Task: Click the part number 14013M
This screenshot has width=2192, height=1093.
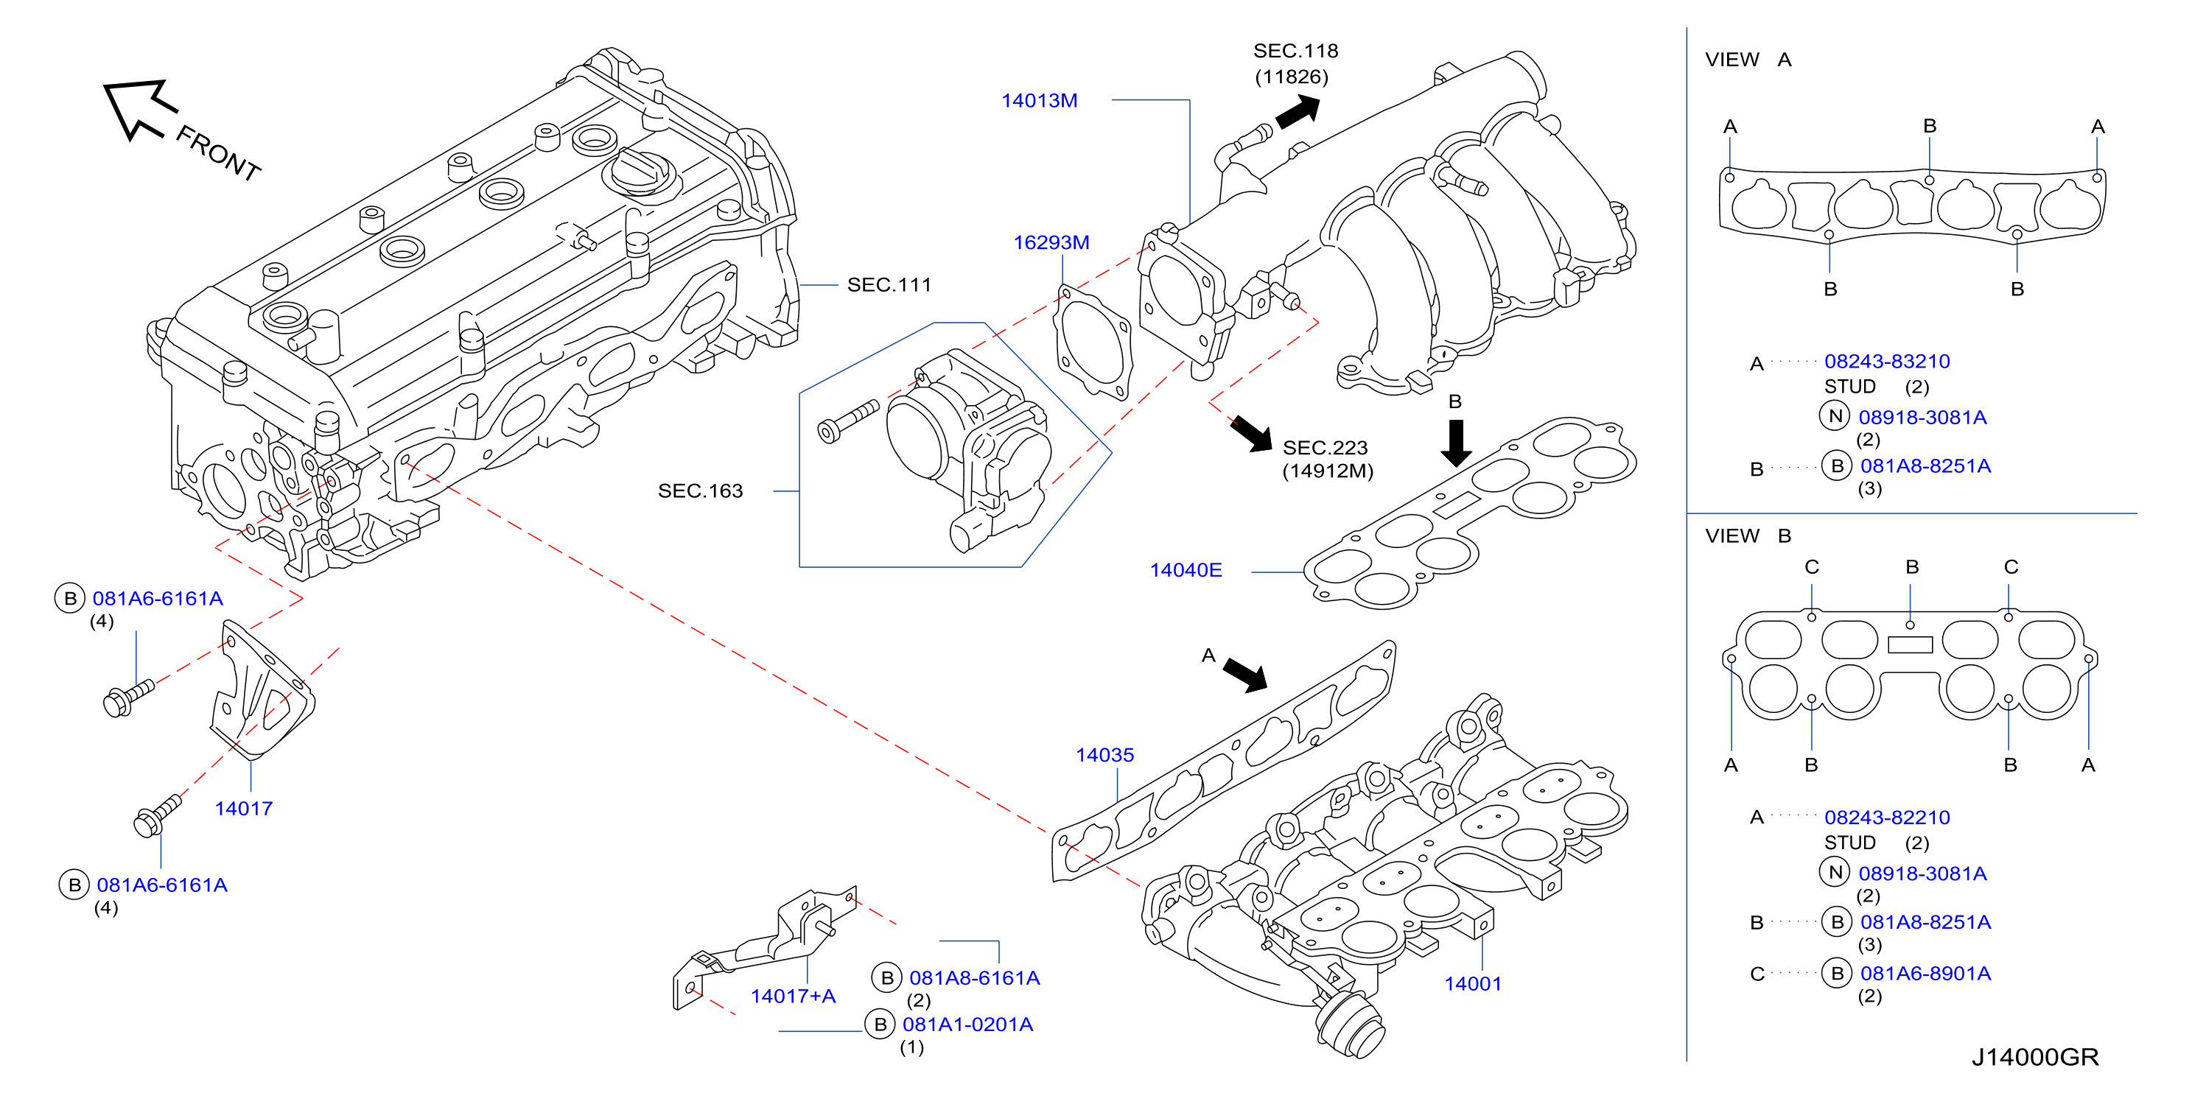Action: click(x=1039, y=100)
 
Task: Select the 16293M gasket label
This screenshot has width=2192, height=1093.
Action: click(x=1051, y=242)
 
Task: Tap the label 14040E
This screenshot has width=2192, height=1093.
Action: click(x=1186, y=570)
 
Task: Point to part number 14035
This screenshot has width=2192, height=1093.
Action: click(x=1104, y=754)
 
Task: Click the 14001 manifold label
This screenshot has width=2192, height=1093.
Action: click(x=1473, y=983)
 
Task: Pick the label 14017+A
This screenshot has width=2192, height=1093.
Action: click(x=793, y=996)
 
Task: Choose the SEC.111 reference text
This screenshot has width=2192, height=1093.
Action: click(x=889, y=285)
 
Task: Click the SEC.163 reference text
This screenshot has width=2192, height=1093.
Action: click(x=700, y=491)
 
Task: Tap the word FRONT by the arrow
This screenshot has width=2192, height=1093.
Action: click(x=218, y=153)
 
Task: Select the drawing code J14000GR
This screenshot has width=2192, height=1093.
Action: click(x=2034, y=1056)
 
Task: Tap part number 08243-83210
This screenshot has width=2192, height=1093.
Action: click(x=1886, y=362)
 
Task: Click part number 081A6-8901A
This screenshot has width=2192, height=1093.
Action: click(x=1925, y=973)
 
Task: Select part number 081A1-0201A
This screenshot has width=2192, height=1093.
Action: click(x=967, y=1024)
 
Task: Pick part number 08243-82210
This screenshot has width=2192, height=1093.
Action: click(x=1886, y=818)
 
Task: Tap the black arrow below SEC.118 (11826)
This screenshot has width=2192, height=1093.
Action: click(x=1298, y=111)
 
